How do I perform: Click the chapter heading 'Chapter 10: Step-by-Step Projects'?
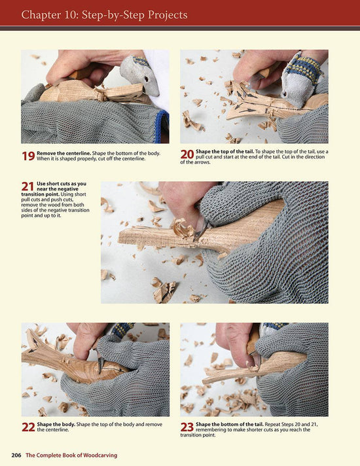pos(104,14)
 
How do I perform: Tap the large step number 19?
pos(29,156)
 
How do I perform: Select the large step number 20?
pos(187,154)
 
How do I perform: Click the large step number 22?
pos(29,427)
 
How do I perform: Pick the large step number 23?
pos(187,427)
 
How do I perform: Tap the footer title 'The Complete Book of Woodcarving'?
pos(72,455)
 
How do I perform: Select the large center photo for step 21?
pos(214,242)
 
